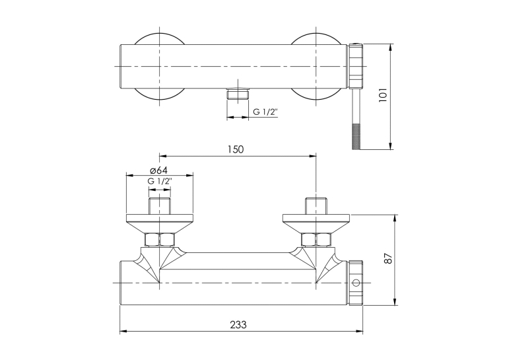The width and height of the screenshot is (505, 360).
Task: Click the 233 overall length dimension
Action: coord(238,324)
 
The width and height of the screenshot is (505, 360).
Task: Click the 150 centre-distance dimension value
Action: coord(236,149)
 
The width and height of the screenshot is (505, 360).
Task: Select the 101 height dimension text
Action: coord(383,95)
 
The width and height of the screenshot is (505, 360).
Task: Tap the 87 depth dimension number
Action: coord(389,258)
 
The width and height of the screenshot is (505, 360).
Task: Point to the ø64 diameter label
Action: coord(158,170)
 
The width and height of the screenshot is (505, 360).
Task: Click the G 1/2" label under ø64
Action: coord(160,181)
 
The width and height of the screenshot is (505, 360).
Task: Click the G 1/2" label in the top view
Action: coord(265,112)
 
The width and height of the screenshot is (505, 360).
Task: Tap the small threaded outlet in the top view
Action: coord(238,94)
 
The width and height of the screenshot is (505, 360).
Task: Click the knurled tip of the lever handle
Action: coord(356,136)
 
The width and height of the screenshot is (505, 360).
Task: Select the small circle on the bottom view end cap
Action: coord(356,283)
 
